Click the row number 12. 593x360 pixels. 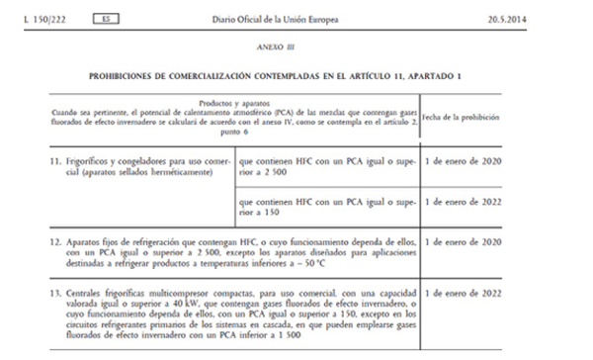click(56, 240)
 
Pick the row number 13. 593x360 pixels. click(56, 294)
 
